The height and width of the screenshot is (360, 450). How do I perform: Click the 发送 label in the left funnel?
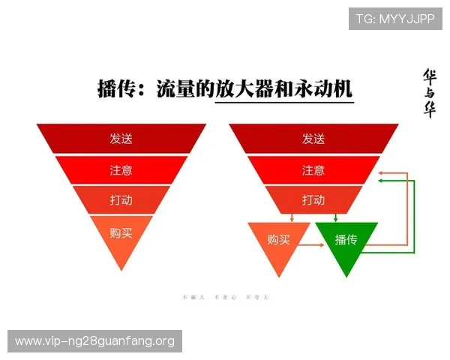click(121, 139)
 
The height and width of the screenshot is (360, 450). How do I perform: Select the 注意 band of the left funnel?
click(121, 170)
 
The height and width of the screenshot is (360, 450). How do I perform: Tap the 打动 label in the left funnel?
click(121, 201)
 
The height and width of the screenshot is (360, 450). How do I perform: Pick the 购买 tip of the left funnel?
click(121, 233)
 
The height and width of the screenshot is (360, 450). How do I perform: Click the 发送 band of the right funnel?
click(313, 139)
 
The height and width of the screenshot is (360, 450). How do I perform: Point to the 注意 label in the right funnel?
click(313, 170)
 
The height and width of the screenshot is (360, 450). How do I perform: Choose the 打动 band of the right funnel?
click(313, 200)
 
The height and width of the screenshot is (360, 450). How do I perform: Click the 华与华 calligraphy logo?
click(430, 94)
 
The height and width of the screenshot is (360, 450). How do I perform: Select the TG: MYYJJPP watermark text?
click(394, 19)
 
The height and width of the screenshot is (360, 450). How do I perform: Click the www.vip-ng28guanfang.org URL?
click(94, 341)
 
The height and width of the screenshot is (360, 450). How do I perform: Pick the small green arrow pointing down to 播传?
click(335, 217)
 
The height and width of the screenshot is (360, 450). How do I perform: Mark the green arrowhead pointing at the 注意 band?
click(382, 180)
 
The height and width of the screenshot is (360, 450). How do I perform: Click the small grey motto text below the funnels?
click(224, 298)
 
